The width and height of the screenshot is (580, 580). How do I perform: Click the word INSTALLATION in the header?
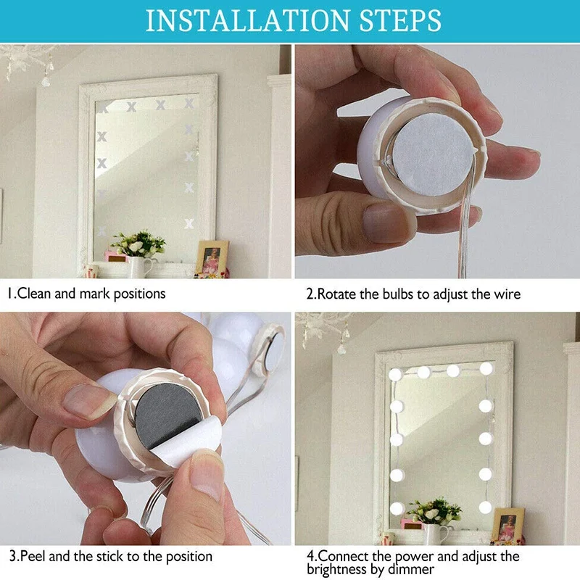pos(247,21)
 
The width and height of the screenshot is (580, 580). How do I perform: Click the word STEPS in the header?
pos(400,21)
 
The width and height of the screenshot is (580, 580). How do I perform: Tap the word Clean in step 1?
pos(34,294)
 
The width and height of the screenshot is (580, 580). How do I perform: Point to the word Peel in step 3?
pos(33,556)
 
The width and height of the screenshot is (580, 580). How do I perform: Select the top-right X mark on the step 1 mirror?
pos(189,103)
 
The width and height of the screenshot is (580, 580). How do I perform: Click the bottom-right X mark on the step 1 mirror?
pos(189,224)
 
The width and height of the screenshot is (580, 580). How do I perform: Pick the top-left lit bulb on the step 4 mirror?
pos(395,375)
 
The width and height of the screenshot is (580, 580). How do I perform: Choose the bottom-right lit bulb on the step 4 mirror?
pos(485,507)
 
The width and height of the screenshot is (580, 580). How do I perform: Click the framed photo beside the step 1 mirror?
pos(212,258)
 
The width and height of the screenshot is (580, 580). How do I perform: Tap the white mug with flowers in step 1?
pos(139,267)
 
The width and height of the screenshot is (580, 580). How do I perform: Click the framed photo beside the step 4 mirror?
pos(507,525)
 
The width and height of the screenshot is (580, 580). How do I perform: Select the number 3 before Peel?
pos(12,556)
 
